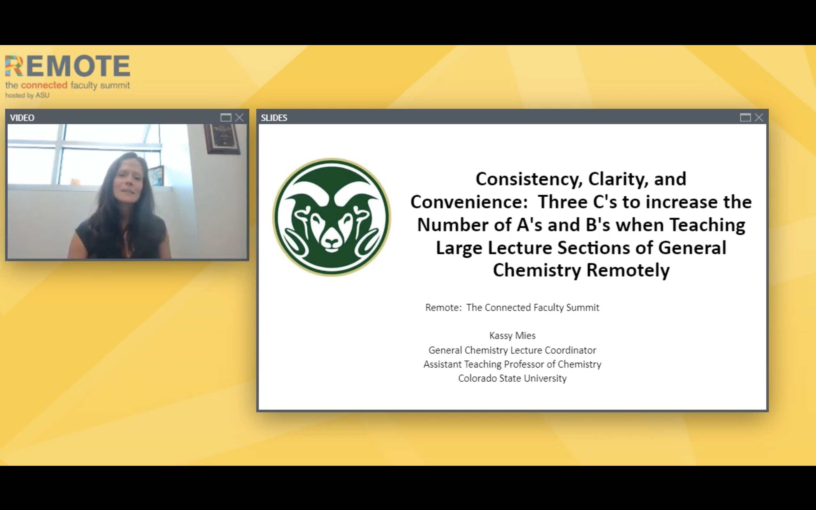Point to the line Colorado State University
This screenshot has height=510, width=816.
point(512,379)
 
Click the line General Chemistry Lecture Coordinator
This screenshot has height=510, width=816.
point(512,350)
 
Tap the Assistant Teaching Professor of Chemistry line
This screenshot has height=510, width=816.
point(512,364)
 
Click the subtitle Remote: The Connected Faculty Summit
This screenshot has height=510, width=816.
point(512,308)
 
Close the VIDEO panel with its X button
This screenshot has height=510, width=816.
point(239,117)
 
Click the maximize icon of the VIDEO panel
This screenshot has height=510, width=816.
point(226,117)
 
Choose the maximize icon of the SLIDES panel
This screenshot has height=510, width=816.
point(745,117)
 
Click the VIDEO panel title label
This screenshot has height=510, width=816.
point(22,118)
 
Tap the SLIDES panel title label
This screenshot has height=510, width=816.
point(274,118)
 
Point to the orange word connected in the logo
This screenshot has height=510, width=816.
point(44,85)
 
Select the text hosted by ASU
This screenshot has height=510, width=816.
point(27,95)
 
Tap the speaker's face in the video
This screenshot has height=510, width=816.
point(128,182)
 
